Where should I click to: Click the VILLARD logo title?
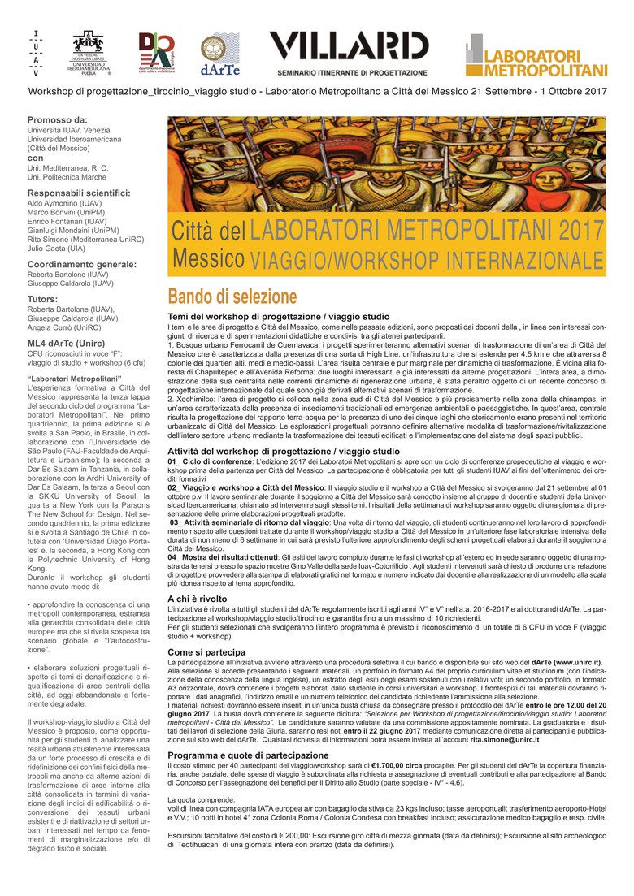tap(349, 46)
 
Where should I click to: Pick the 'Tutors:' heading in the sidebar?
tap(42, 299)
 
